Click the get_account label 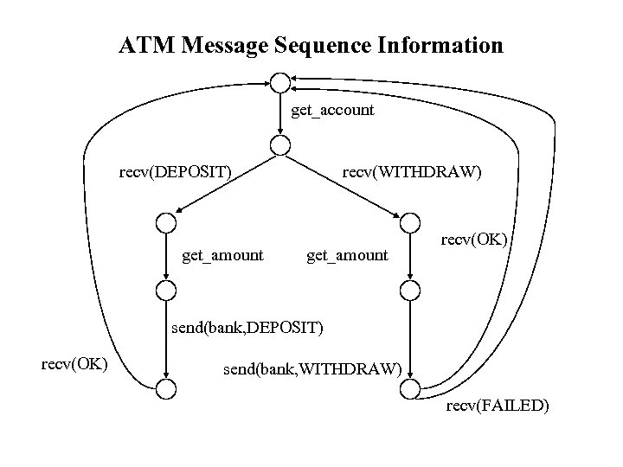pyautogui.click(x=333, y=110)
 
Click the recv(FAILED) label pyautogui.click(x=497, y=405)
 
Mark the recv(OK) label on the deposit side pyautogui.click(x=74, y=361)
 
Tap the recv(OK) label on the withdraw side pyautogui.click(x=473, y=237)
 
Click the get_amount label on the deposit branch pyautogui.click(x=223, y=255)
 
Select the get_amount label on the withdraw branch pyautogui.click(x=348, y=255)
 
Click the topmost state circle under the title pyautogui.click(x=279, y=82)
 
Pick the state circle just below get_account pyautogui.click(x=279, y=146)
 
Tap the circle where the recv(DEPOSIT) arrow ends pyautogui.click(x=165, y=222)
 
